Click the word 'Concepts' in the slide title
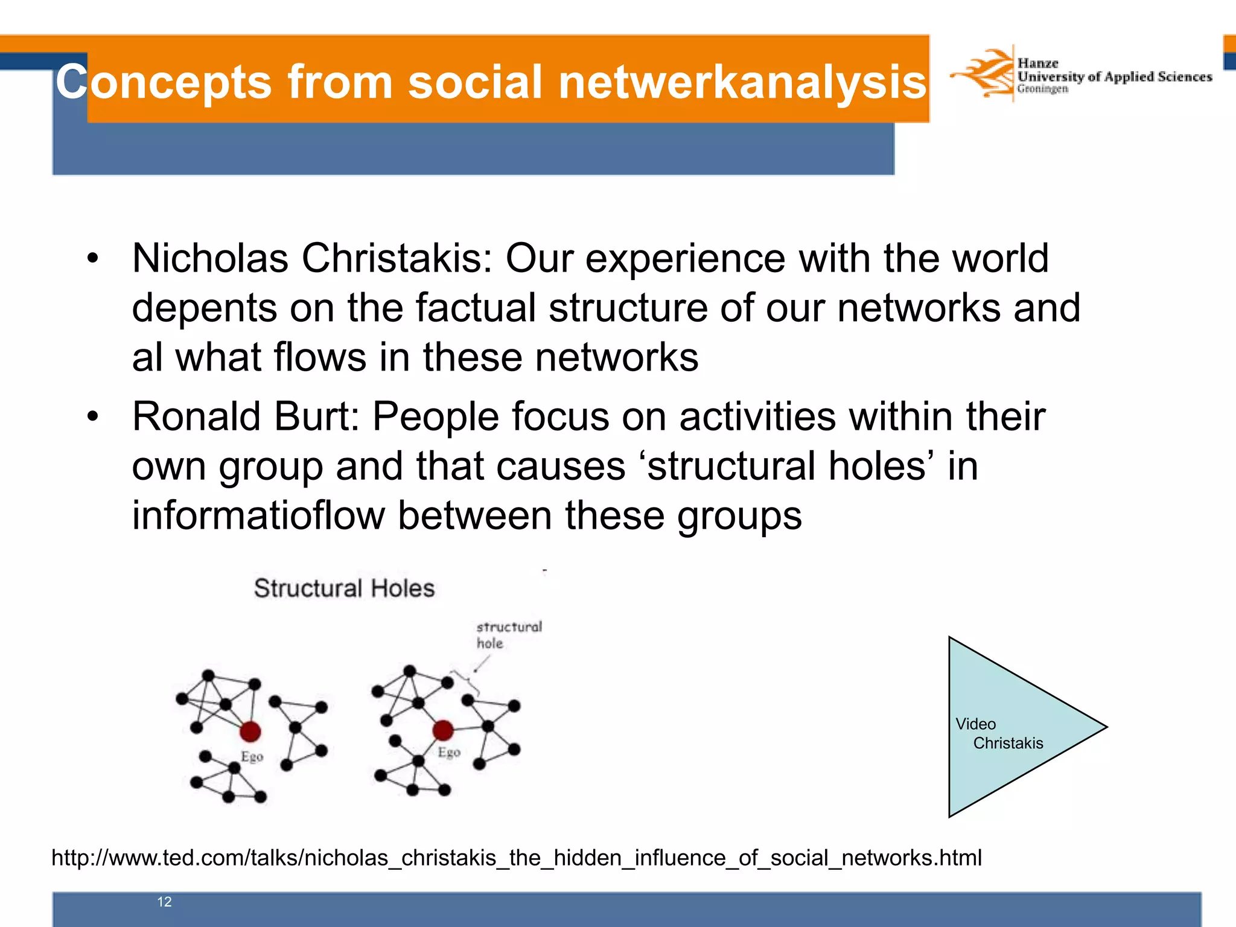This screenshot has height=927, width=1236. pyautogui.click(x=164, y=82)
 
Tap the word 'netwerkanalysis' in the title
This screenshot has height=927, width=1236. pyautogui.click(x=742, y=82)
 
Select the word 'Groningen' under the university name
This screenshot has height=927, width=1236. pyautogui.click(x=1042, y=89)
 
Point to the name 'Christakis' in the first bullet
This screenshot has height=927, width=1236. pyautogui.click(x=397, y=258)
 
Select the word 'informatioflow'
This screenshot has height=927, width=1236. pyautogui.click(x=258, y=515)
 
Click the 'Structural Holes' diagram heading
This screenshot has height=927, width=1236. pyautogui.click(x=344, y=588)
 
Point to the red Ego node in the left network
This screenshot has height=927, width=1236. pyautogui.click(x=250, y=731)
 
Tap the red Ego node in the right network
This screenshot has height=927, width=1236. pyautogui.click(x=443, y=730)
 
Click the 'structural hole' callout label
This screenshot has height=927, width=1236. pyautogui.click(x=508, y=634)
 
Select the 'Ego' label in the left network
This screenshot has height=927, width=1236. pyautogui.click(x=252, y=756)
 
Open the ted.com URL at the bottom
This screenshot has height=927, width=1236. pyautogui.click(x=517, y=858)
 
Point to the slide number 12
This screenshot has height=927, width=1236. pyautogui.click(x=164, y=902)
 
